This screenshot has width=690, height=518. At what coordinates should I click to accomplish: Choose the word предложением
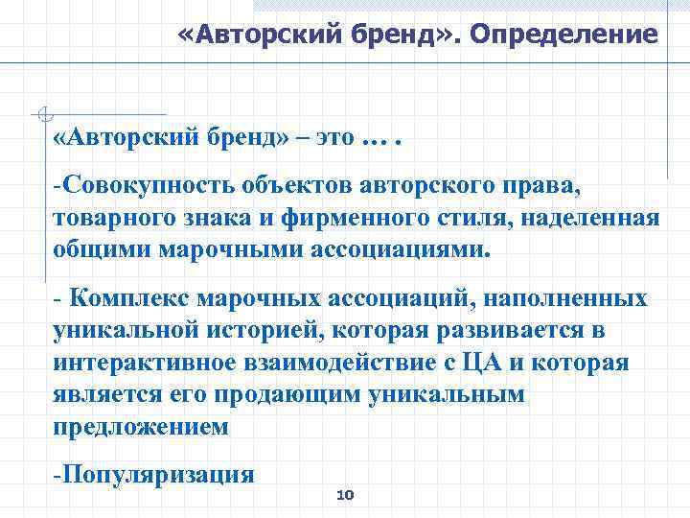[x=141, y=428]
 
